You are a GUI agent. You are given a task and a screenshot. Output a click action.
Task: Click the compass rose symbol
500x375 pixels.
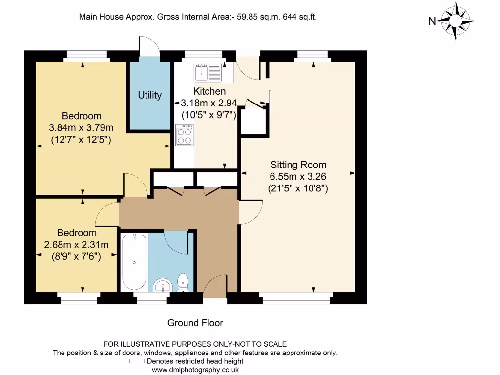tap(455, 21)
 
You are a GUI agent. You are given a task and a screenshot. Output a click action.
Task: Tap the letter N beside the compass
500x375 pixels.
tap(432, 21)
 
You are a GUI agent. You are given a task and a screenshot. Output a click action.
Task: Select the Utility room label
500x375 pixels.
tap(149, 95)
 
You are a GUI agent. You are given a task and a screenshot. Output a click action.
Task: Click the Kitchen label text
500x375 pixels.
tap(209, 91)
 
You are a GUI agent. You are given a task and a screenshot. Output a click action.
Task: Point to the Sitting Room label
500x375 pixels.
tap(298, 165)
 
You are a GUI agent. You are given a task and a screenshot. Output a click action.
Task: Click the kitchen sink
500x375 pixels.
tap(208, 73)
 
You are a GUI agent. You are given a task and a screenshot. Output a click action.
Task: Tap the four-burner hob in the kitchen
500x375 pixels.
tap(185, 134)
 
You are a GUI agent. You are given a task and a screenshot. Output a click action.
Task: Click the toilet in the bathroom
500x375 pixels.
tap(183, 283)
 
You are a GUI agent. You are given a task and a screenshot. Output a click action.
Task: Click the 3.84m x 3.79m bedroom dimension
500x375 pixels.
tap(82, 128)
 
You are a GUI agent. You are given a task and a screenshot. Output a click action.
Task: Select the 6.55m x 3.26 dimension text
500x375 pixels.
tap(298, 176)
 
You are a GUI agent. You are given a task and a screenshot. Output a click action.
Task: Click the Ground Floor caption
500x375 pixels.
tap(195, 323)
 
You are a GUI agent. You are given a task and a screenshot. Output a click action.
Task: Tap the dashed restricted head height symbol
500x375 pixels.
tap(137, 361)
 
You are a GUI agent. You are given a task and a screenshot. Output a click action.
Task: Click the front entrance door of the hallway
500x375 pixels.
tap(215, 288)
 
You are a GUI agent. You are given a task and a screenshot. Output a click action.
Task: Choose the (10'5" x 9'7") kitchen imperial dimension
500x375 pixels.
tap(208, 115)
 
